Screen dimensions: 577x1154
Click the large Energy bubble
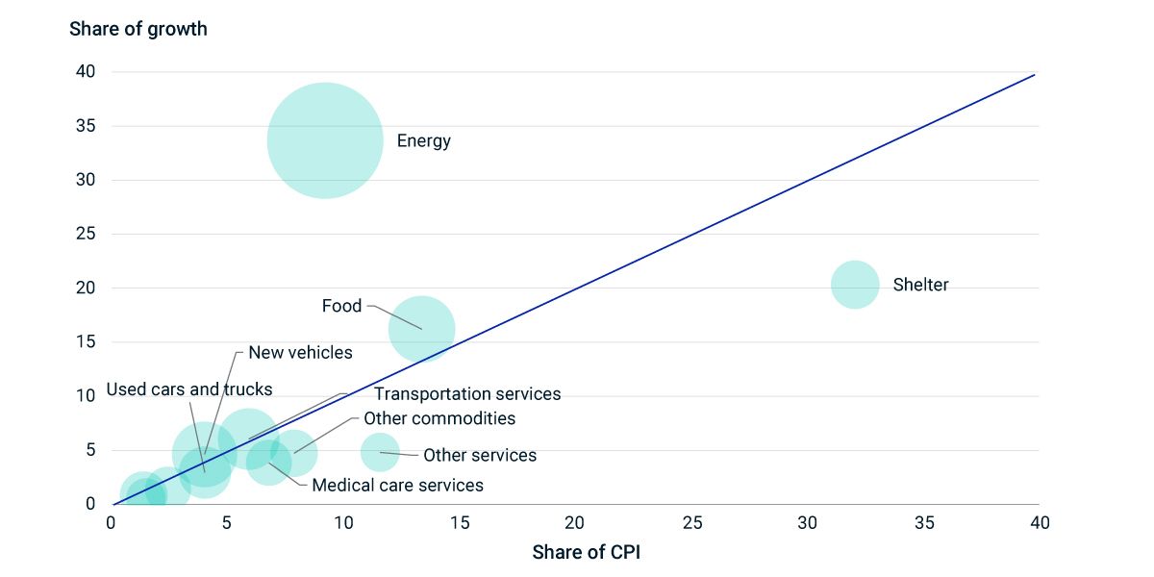(x=325, y=140)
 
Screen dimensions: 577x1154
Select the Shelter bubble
(x=855, y=284)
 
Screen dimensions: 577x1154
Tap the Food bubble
(x=421, y=329)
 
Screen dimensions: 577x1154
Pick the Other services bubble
(x=380, y=452)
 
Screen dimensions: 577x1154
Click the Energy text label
(x=423, y=141)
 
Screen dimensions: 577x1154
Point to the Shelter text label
(x=920, y=285)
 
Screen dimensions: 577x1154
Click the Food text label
(x=341, y=306)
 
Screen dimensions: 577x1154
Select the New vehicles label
(x=300, y=353)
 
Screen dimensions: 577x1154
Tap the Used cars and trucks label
(x=189, y=389)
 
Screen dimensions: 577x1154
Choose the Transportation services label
(x=467, y=394)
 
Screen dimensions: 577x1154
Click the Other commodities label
(x=439, y=418)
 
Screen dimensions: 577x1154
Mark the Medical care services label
(x=397, y=486)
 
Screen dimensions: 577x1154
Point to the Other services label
(x=480, y=456)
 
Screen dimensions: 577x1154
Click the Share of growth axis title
(x=138, y=29)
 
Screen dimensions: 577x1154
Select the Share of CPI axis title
(x=586, y=553)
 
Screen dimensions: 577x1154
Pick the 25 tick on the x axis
(x=692, y=522)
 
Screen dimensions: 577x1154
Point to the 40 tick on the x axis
(x=1040, y=522)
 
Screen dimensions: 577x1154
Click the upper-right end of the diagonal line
(x=1035, y=74)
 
